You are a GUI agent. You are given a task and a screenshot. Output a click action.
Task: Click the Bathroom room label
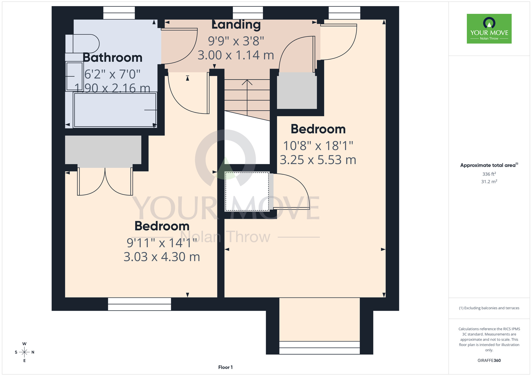(113, 58)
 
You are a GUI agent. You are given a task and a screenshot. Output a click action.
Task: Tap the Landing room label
(236, 25)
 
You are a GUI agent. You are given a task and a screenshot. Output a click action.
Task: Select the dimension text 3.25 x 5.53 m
(318, 160)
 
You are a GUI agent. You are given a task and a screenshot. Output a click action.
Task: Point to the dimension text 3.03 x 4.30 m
(162, 257)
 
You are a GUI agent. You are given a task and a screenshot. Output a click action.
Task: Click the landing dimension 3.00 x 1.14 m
(236, 55)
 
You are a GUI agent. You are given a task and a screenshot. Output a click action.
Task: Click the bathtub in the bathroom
(115, 110)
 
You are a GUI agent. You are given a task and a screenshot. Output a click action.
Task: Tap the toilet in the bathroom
(82, 44)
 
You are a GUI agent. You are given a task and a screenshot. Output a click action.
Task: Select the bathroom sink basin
(74, 76)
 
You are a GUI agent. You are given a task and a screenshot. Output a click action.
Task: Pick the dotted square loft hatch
(247, 191)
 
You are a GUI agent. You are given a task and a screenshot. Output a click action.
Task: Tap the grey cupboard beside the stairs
(297, 91)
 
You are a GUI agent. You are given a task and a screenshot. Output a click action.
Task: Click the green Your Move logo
(489, 29)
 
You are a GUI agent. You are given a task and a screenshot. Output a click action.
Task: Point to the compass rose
(24, 352)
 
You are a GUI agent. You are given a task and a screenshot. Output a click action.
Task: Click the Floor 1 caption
(225, 367)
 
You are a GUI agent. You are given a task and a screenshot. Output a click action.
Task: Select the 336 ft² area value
(489, 174)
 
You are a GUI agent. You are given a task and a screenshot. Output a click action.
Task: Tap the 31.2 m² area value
(489, 182)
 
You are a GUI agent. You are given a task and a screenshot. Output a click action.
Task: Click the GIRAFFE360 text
(489, 361)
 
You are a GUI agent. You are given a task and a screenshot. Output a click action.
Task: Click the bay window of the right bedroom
(319, 348)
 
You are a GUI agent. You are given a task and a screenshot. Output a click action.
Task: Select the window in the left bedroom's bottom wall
(139, 304)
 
